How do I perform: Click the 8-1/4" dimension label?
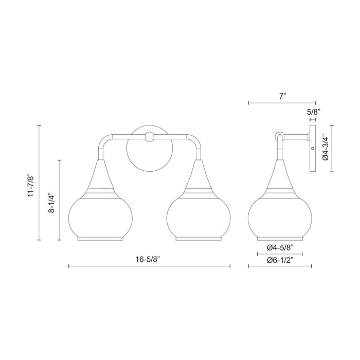pos(51,201)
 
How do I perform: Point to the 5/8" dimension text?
pos(314,111)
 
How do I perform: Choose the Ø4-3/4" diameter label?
pos(325,148)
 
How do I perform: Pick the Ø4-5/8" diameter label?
pos(280,247)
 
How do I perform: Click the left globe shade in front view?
pos(100,216)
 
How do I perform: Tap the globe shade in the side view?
pos(280,216)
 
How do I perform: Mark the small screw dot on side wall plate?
pos(313,149)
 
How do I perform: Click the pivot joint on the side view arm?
pos(279,136)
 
